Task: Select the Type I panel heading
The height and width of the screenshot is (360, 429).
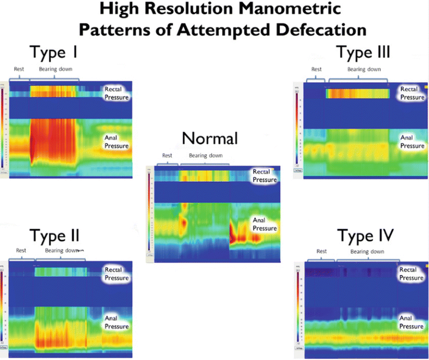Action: tap(53, 53)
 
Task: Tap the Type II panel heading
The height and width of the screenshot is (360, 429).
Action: tap(54, 236)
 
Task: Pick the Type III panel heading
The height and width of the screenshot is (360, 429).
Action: tap(363, 53)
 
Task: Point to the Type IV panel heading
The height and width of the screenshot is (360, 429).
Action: tap(365, 236)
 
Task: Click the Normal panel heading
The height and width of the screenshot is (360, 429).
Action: tap(210, 138)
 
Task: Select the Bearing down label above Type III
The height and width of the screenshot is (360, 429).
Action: tap(365, 69)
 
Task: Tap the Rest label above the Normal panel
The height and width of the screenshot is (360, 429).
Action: tap(167, 155)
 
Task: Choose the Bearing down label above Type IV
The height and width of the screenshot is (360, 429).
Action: tap(367, 251)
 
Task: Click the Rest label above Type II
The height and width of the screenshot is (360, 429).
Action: tap(21, 251)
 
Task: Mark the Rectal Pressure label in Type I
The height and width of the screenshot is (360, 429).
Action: tap(116, 93)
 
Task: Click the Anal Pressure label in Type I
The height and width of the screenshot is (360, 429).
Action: tap(116, 142)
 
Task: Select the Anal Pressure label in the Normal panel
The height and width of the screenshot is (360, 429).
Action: tap(265, 224)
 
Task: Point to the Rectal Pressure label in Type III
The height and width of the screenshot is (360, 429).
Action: tap(412, 93)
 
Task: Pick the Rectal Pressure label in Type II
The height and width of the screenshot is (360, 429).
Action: tap(116, 274)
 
